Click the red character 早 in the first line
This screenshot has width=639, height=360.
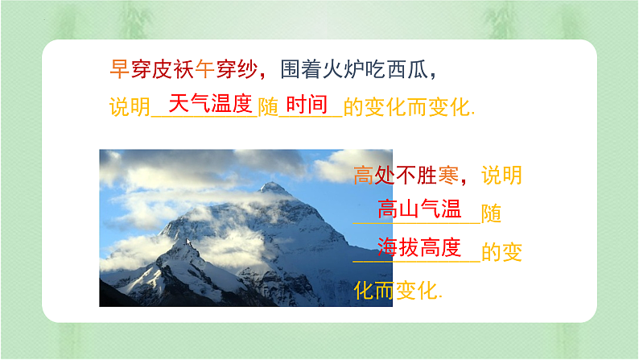[118, 69]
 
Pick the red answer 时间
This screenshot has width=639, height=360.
[307, 104]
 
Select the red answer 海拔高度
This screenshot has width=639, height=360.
[418, 247]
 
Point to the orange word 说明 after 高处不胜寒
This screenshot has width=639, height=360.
[501, 175]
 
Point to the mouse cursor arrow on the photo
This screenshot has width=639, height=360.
[188, 242]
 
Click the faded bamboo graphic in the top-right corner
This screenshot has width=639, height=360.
[507, 19]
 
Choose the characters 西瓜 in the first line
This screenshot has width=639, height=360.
[406, 69]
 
